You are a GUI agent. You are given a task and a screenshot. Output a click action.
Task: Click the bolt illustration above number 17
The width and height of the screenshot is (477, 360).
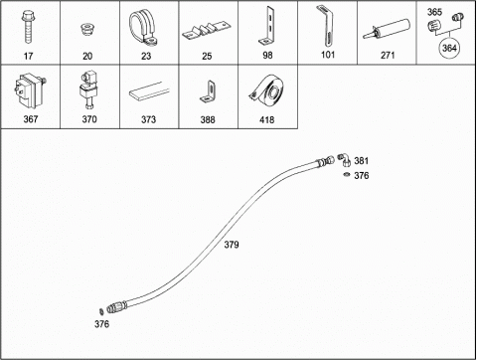pos(28,27)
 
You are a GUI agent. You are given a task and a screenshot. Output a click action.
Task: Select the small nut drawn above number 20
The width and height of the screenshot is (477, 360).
pos(86,29)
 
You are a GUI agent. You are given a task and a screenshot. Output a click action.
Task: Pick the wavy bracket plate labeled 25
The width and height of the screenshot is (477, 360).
pos(206,31)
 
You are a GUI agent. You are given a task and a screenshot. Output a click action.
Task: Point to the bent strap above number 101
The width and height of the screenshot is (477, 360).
pos(326,26)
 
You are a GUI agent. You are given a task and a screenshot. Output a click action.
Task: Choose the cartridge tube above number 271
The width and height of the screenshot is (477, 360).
pos(387,29)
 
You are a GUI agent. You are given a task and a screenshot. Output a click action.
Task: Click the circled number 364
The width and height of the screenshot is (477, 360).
pos(449,48)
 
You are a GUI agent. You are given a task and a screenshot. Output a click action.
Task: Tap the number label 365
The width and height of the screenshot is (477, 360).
pos(434,12)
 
